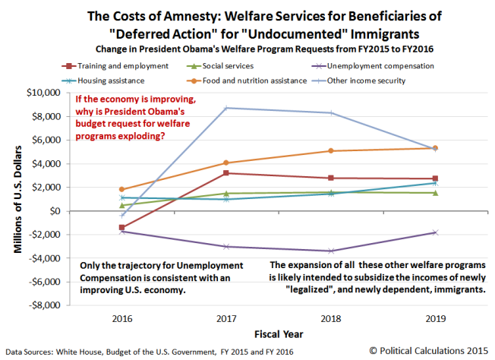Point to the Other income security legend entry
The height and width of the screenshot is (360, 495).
pyautogui.click(x=377, y=78)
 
